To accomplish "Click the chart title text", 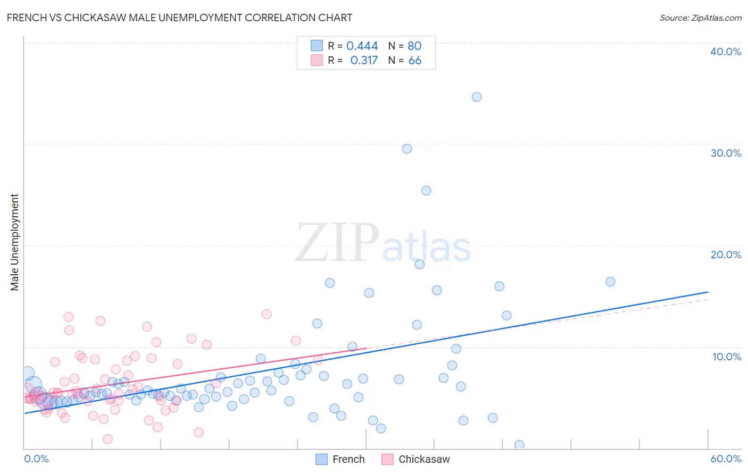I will (x=179, y=18).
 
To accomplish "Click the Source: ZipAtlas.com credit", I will (x=700, y=18).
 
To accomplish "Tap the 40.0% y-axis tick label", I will (x=726, y=52).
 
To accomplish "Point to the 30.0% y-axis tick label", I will (x=726, y=153).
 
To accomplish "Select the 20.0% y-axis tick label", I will (x=726, y=255).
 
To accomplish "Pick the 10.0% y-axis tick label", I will (x=727, y=357).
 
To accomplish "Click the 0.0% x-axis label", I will (x=37, y=459).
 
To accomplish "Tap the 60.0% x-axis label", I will (x=726, y=459).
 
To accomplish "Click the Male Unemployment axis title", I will (x=14, y=242).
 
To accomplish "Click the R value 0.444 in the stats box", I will (x=362, y=46).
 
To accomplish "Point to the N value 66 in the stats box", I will (x=415, y=61).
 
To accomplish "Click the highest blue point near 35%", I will (x=477, y=97).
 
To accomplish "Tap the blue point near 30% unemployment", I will (x=407, y=149).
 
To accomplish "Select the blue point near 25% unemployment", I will (x=426, y=191).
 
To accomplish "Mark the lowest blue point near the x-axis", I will (x=519, y=445).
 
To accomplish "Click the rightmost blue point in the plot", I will (x=610, y=282).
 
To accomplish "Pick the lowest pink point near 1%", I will (x=107, y=439).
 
